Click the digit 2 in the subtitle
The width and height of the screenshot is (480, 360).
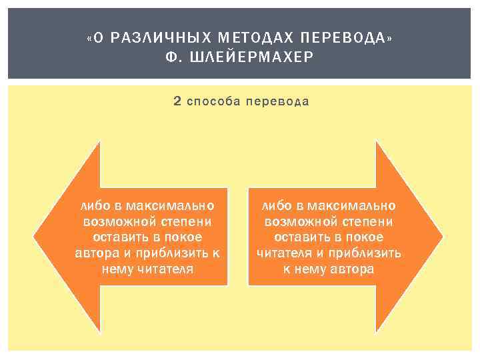pos(177,101)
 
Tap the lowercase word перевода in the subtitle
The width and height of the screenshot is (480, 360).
pos(277,101)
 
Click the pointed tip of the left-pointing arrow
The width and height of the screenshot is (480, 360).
pos(35,237)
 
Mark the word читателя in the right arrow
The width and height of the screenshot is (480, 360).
pos(285,253)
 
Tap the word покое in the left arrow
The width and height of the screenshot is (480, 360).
pos(182,237)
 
